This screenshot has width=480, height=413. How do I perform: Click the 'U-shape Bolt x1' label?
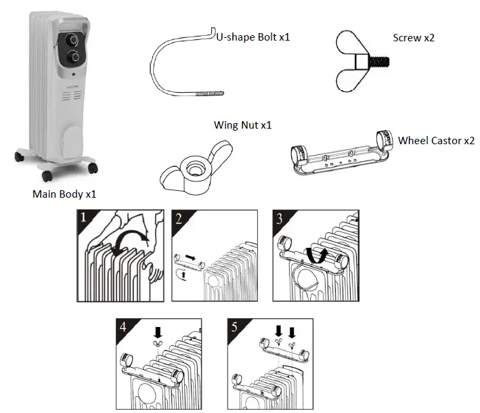[x=253, y=37]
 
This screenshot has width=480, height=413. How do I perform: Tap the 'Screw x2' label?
[x=414, y=38]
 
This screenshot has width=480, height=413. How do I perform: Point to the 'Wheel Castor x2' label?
[x=436, y=141]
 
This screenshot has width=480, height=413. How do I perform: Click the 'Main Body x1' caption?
[x=65, y=194]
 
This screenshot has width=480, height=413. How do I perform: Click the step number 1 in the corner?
[x=85, y=218]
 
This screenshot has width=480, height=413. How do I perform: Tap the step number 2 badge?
[x=179, y=218]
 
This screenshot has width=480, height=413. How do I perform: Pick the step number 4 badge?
[x=123, y=326]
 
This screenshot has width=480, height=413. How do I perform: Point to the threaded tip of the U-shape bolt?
[x=207, y=97]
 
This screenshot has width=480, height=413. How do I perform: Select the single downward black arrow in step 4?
[x=158, y=332]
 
